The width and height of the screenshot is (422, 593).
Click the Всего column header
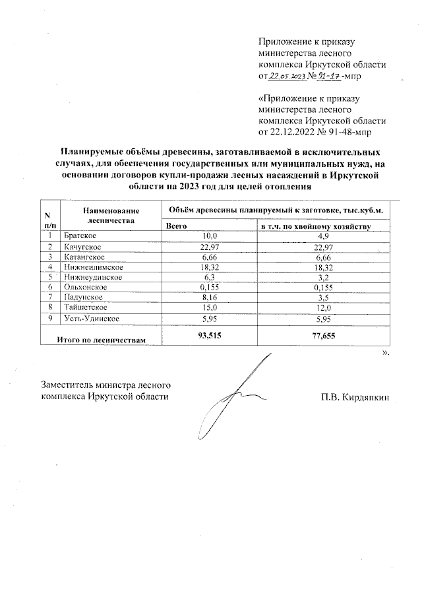[x=177, y=226]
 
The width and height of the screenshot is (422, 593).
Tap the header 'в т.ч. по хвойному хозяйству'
[x=316, y=226]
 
